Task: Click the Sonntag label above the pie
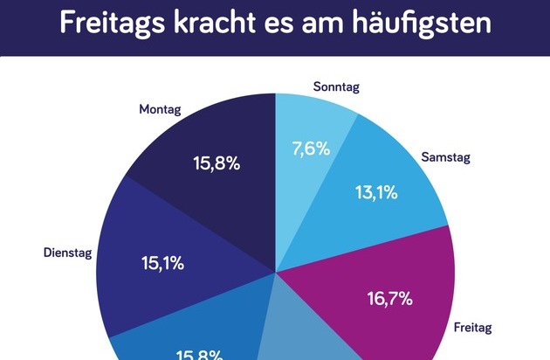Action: point(336,87)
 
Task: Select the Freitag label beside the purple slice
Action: point(473,329)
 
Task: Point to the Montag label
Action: point(160,110)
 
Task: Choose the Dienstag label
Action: point(68,253)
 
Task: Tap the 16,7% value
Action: point(388,299)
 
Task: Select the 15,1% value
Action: point(162,261)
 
